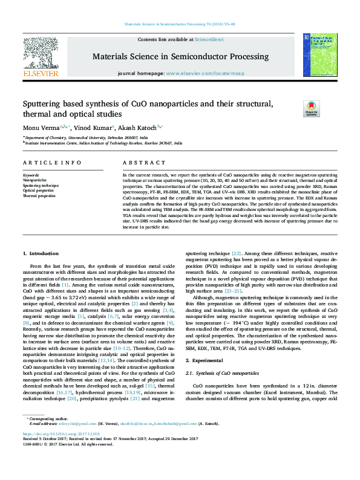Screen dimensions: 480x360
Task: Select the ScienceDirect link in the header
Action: tap(209, 39)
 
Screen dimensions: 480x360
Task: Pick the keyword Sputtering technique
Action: tap(41, 186)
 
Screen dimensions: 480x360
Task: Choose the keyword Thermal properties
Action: tap(39, 196)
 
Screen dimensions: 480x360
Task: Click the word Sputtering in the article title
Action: tap(47, 103)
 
